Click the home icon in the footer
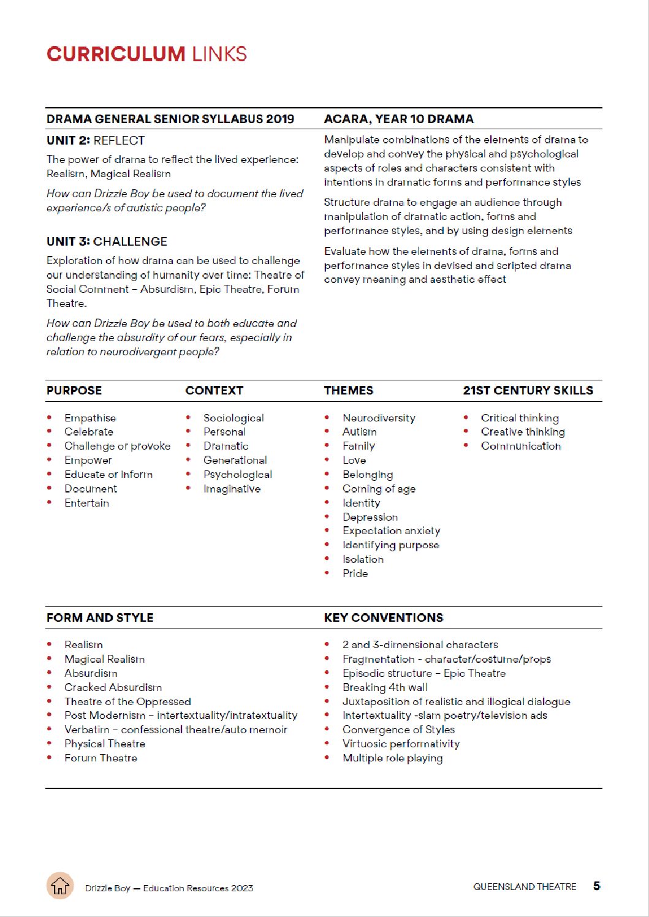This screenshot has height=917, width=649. coord(60,886)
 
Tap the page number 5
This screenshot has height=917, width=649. coord(596,886)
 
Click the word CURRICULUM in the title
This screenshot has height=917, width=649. coord(116,54)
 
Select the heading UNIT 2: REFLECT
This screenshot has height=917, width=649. coord(96,140)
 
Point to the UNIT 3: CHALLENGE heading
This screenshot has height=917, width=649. coord(107,241)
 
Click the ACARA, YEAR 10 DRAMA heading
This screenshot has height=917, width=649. coord(398,119)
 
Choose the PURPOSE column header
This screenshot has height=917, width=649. coord(74,390)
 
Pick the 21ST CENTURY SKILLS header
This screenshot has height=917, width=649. coord(528,390)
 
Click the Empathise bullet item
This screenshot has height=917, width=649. coord(90,418)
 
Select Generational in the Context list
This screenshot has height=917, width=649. coord(235,460)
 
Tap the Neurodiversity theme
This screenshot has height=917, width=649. coord(379,418)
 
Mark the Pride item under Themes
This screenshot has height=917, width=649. coord(355,573)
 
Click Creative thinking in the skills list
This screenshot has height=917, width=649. coord(523,432)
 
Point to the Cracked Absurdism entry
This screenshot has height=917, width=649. coord(113,687)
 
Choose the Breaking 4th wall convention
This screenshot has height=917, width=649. coord(385,687)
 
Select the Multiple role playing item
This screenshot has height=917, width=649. coord(392,758)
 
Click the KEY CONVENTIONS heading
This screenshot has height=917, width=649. coord(383,617)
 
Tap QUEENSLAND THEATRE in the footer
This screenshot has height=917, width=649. coord(525,886)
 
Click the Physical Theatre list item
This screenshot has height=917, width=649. coord(105,744)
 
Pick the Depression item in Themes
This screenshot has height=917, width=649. coord(370,517)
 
